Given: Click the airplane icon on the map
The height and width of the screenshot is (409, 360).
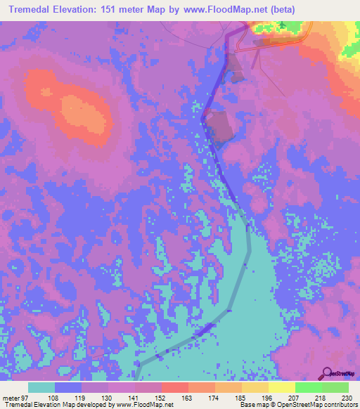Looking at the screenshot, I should [283, 26].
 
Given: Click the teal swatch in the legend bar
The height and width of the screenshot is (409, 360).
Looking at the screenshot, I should [41, 387].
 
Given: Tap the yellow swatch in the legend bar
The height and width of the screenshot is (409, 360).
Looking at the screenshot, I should [282, 387].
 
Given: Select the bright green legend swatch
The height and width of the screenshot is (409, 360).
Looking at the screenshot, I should [309, 387].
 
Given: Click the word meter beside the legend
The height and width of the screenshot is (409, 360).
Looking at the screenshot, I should [11, 397].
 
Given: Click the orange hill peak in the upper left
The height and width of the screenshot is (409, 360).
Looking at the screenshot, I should [47, 92].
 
